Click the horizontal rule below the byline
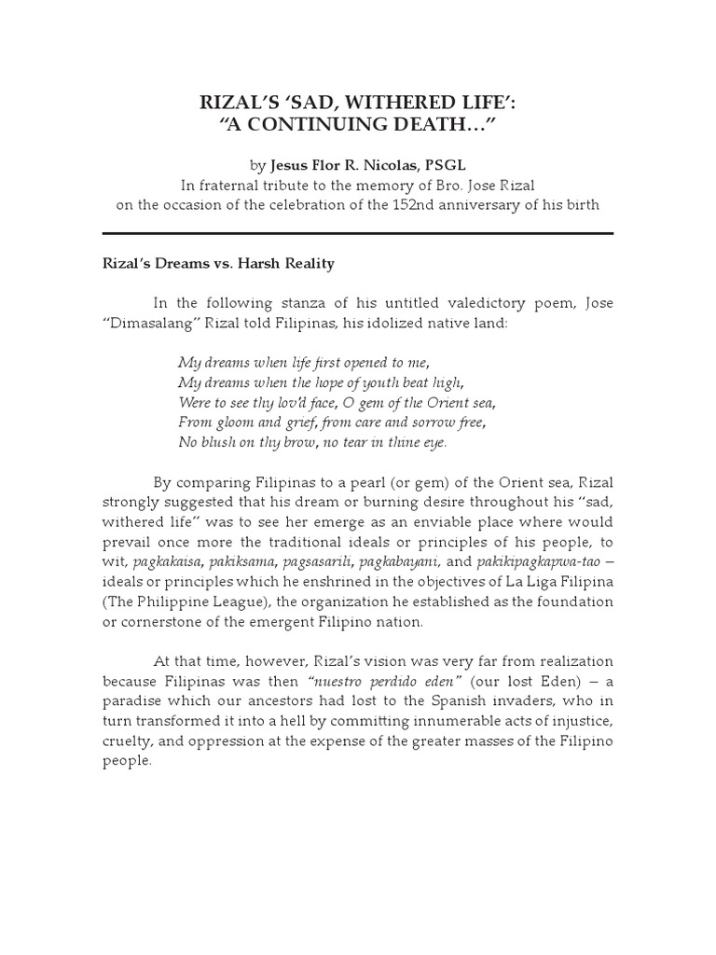(x=357, y=232)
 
